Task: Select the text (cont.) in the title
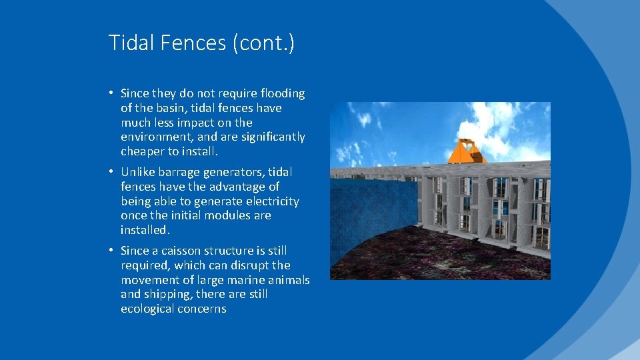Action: tap(264, 44)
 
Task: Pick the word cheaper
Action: tap(144, 152)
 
